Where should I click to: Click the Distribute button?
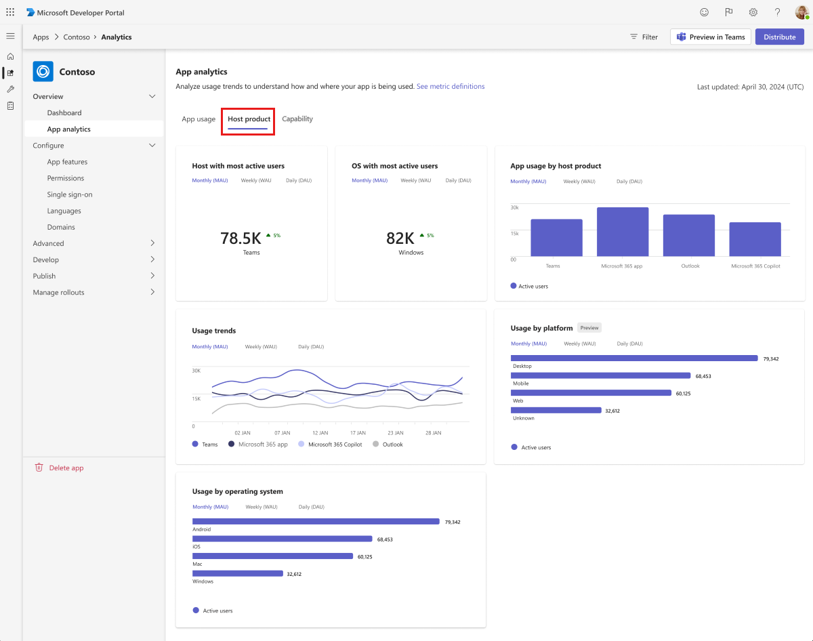(780, 37)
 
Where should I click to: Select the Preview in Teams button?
(710, 37)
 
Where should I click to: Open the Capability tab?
(297, 119)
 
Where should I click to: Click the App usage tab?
(199, 119)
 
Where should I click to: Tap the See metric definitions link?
(451, 87)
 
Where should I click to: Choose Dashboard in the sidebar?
(64, 113)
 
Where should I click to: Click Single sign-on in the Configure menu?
(70, 194)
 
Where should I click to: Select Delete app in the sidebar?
(66, 468)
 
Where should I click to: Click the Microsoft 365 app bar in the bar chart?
(623, 232)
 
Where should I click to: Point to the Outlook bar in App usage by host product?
(688, 235)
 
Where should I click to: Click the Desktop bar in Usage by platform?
(634, 358)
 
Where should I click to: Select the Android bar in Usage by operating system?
(316, 522)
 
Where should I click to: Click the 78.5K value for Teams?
(241, 239)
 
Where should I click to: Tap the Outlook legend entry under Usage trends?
(392, 445)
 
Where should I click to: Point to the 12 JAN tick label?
(320, 433)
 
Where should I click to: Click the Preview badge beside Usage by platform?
(589, 328)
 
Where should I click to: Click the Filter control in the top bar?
(644, 37)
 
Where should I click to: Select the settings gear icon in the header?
(753, 12)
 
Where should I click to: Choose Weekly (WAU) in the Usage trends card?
(262, 347)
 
